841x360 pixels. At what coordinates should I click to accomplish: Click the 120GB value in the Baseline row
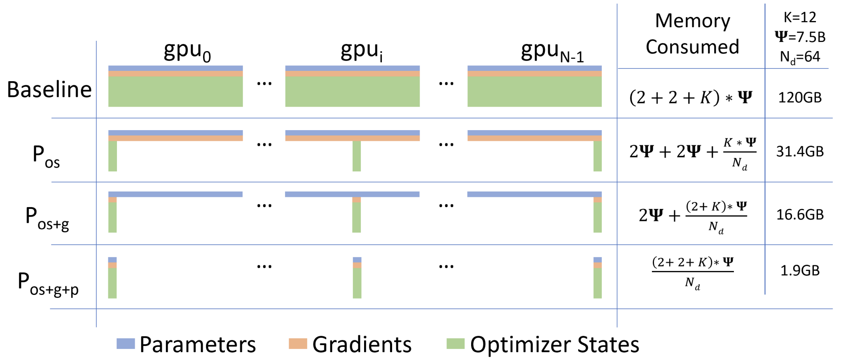click(x=800, y=98)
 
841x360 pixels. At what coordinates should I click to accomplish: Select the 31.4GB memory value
click(x=800, y=152)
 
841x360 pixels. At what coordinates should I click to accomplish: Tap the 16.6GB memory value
click(x=800, y=215)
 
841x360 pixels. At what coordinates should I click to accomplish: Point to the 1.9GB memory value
click(x=800, y=271)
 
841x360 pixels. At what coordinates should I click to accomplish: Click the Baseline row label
click(x=49, y=89)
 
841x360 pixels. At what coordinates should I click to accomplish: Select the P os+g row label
click(x=47, y=218)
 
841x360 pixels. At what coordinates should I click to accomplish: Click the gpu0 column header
click(x=187, y=51)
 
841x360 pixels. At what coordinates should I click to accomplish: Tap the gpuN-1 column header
click(x=552, y=51)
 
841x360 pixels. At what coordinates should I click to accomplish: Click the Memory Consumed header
click(x=692, y=34)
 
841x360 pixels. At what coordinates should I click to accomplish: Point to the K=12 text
click(x=800, y=17)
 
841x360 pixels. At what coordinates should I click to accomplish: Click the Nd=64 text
click(x=800, y=57)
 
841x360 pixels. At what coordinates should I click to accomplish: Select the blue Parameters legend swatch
click(x=126, y=344)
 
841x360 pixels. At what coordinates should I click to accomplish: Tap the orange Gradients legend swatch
click(x=298, y=344)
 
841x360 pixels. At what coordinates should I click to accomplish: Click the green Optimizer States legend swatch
click(x=456, y=344)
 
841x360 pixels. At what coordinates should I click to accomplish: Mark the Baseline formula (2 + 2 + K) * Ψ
click(x=691, y=98)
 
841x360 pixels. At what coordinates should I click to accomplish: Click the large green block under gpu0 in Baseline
click(x=175, y=91)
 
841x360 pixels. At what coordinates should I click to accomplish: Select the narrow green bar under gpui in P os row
click(x=357, y=156)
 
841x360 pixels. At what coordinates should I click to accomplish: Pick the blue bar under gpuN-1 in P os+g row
click(x=535, y=194)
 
